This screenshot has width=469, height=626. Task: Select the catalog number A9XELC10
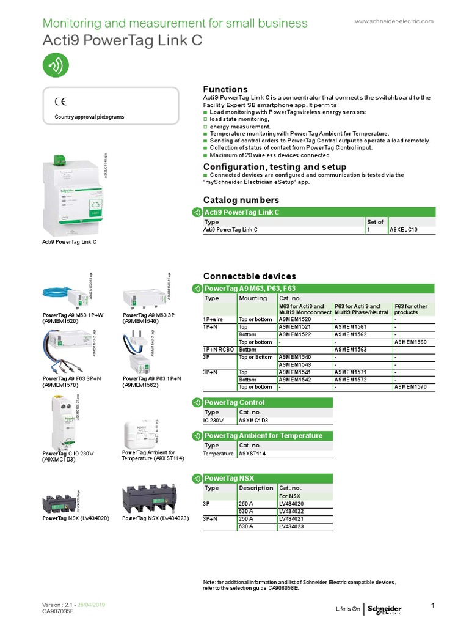point(404,229)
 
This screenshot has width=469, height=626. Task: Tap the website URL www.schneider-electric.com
point(394,21)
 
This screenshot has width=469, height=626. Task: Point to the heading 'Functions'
point(225,89)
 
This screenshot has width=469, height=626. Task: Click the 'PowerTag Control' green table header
point(235,402)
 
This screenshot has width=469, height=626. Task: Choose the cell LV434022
point(292,510)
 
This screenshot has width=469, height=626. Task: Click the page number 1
point(432,606)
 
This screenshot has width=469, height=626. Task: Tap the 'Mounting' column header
point(253,298)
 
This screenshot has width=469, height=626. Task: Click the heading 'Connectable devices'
point(249,276)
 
